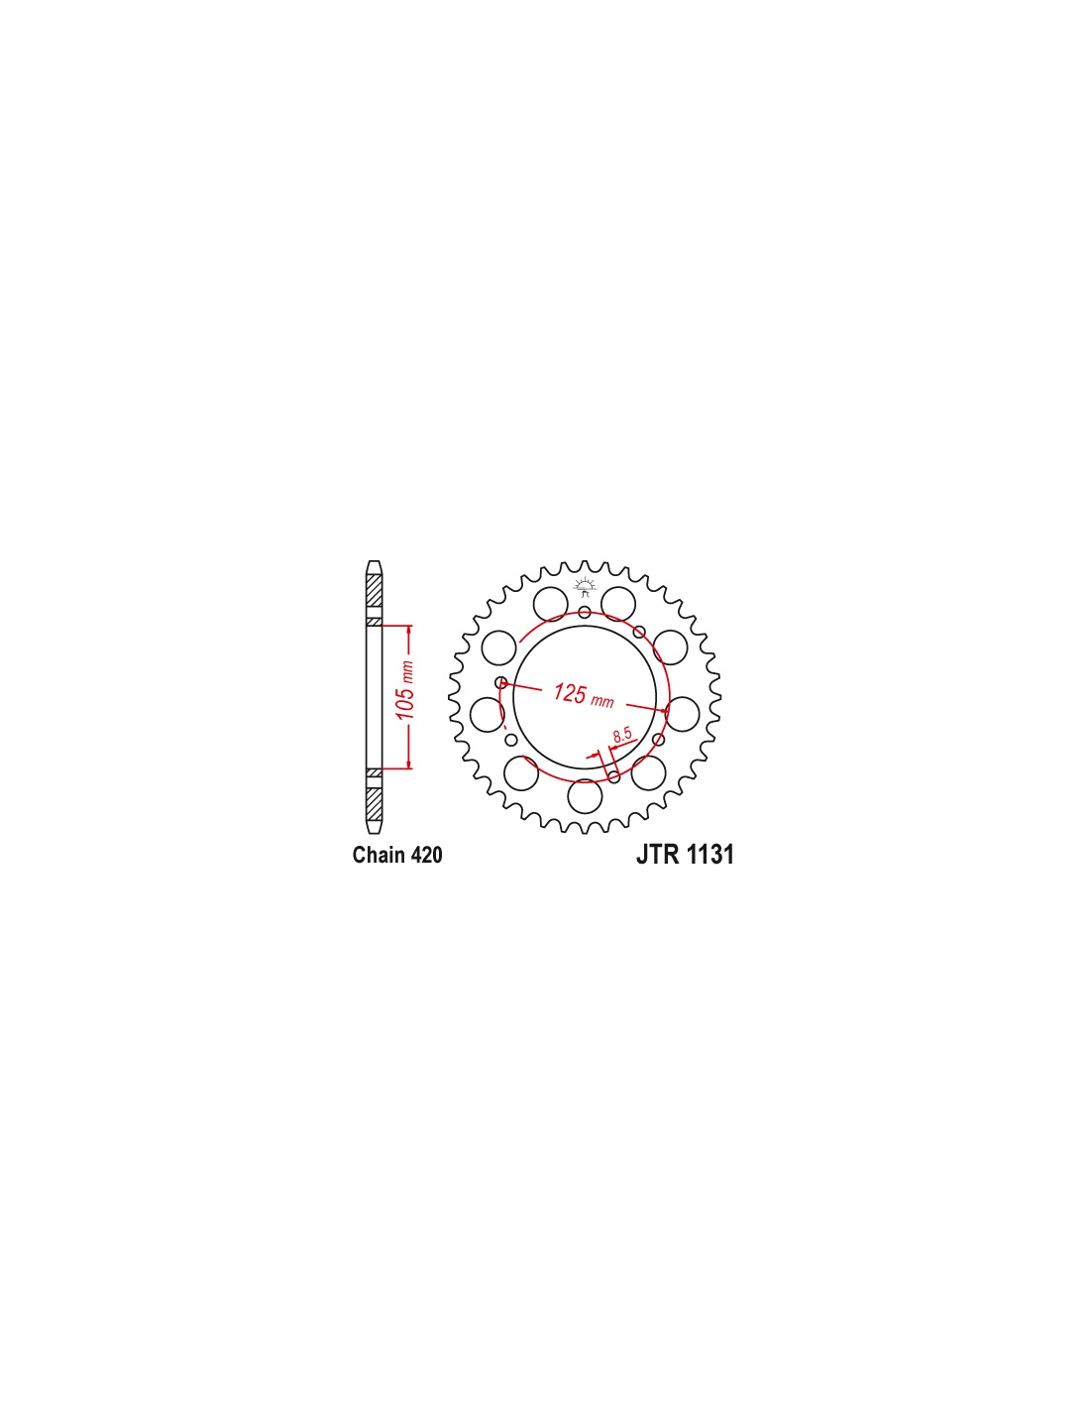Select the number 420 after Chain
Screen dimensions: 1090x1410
coord(427,855)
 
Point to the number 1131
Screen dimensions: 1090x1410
coord(710,854)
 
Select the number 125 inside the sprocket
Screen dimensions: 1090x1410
coord(570,692)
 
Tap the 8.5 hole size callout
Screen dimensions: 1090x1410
coord(622,735)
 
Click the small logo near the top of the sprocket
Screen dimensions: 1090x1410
coord(585,587)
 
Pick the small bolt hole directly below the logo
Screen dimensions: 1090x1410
coord(585,612)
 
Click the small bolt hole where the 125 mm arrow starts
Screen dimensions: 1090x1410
coord(501,682)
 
